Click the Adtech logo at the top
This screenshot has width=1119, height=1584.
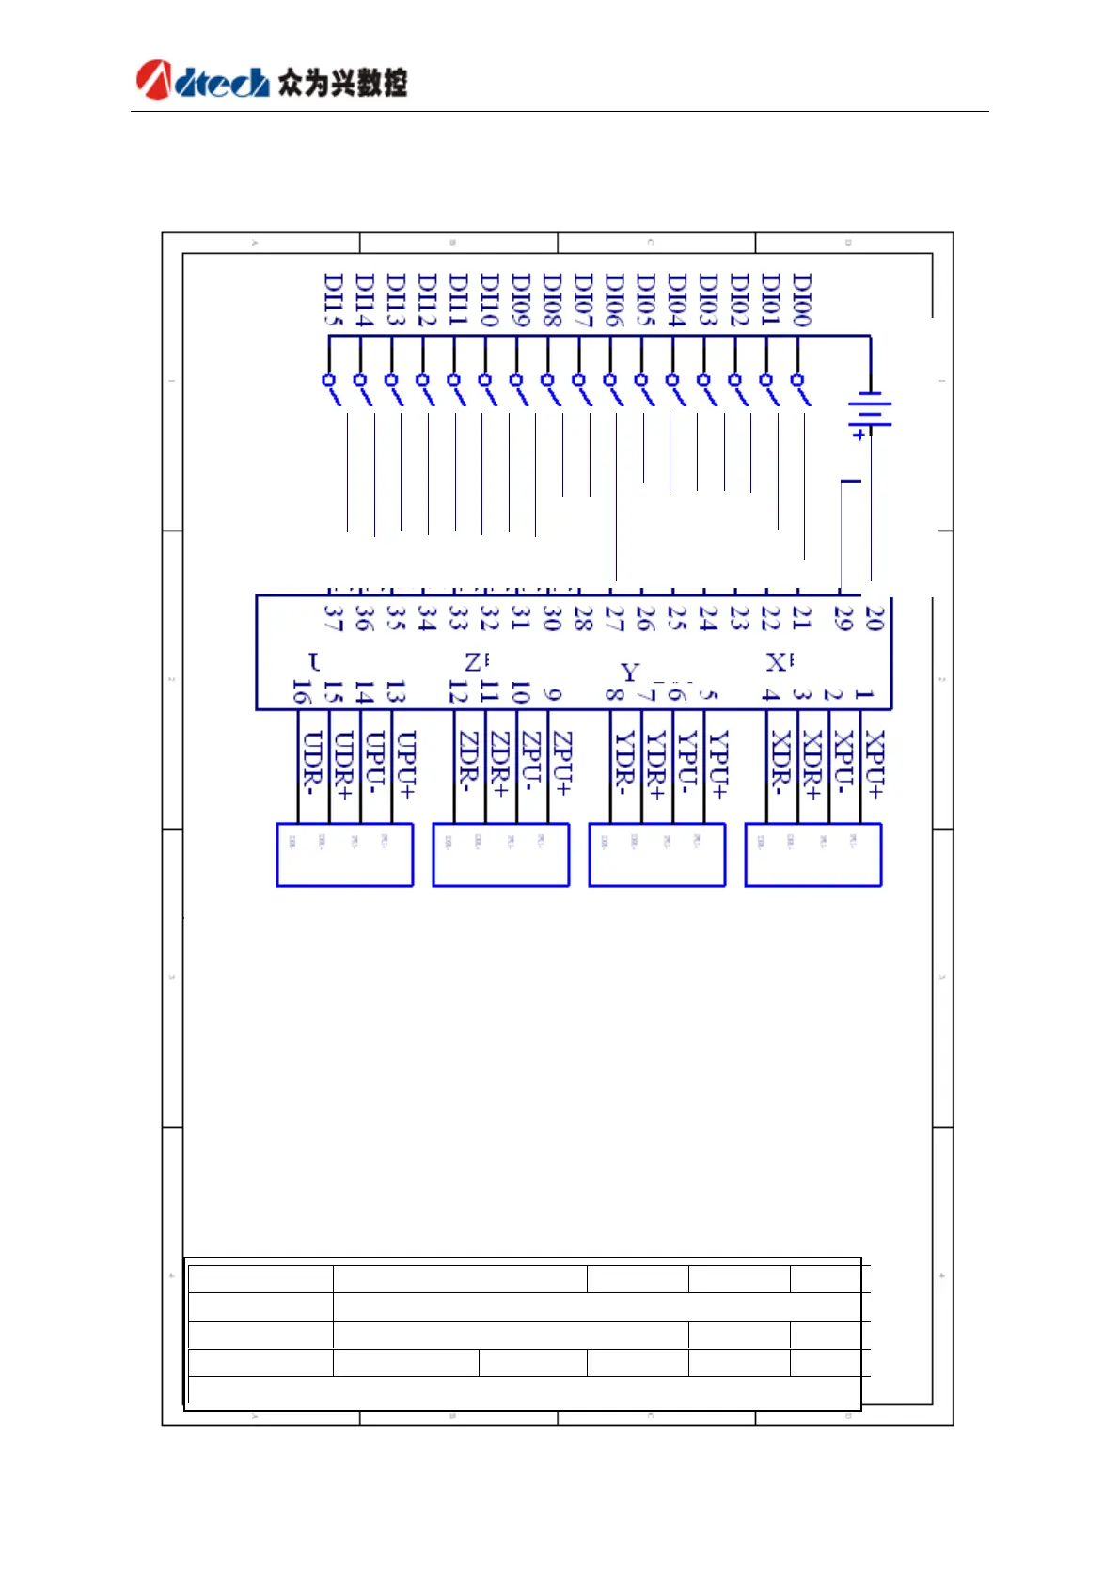tap(203, 81)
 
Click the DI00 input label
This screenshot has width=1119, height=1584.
tap(801, 300)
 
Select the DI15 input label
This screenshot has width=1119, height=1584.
tap(333, 300)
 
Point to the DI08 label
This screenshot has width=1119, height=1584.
tap(552, 300)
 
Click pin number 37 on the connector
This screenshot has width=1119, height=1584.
tap(333, 618)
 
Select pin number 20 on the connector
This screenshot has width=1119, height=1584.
tap(875, 618)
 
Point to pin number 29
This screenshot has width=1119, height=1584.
tap(843, 618)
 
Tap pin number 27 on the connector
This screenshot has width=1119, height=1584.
tap(614, 618)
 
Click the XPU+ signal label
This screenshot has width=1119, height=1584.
tap(875, 765)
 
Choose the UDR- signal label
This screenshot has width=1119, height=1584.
tap(313, 763)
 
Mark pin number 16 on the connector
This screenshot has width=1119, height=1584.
tap(301, 693)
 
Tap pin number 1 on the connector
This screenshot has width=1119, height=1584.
tap(864, 694)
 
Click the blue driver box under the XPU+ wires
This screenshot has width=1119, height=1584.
tap(812, 855)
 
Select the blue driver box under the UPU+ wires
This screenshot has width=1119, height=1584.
tap(344, 855)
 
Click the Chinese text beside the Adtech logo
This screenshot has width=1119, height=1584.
tap(342, 83)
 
